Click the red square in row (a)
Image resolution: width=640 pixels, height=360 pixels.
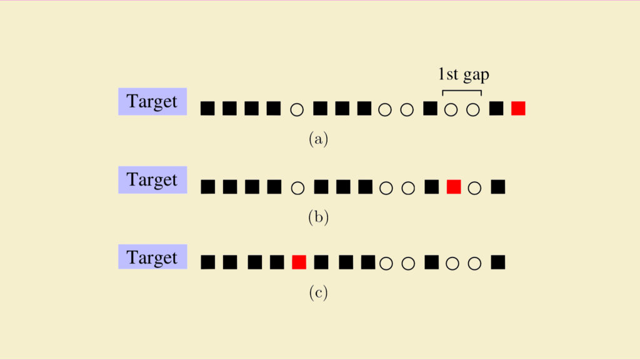point(518,109)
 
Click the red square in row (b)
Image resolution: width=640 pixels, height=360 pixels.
point(454,187)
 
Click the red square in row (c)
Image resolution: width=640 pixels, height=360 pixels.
point(299,262)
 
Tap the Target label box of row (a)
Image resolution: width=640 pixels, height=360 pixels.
point(152,101)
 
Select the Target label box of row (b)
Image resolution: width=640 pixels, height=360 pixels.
point(152,179)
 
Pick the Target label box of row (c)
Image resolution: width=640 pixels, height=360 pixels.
point(152,257)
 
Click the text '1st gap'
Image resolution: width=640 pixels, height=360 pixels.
point(463,74)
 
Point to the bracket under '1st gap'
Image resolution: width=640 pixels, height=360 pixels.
point(462,91)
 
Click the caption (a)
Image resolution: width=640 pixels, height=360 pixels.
point(318,139)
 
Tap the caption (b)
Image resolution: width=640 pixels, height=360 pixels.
point(318,217)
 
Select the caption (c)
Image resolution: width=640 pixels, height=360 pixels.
point(318,292)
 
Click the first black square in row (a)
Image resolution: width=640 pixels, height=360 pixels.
point(207,109)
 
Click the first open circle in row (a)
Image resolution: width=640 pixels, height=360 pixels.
point(297,110)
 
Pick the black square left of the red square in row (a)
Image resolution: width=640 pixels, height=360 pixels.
point(496,109)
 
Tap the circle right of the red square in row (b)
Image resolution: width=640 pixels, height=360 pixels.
point(474,188)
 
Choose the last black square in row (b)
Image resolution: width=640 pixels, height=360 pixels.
point(497,187)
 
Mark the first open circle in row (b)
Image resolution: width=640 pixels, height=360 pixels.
point(297,188)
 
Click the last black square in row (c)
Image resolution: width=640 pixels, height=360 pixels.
point(497,262)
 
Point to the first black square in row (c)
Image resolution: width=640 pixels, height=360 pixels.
point(207,262)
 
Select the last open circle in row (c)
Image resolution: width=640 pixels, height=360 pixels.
point(474,263)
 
